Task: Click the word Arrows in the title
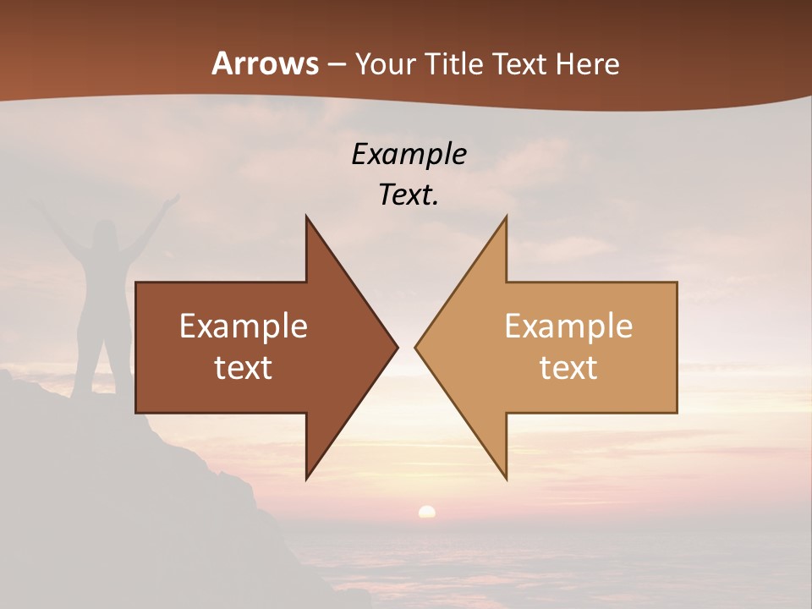(265, 63)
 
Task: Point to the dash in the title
(337, 64)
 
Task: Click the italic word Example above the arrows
(409, 154)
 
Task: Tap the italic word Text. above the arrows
(409, 195)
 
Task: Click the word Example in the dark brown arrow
(244, 326)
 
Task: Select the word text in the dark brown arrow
(244, 368)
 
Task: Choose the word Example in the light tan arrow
(568, 326)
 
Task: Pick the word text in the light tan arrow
(568, 368)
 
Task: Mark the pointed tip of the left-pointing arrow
(416, 347)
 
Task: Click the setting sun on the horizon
(427, 511)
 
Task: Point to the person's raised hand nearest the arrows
(173, 200)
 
